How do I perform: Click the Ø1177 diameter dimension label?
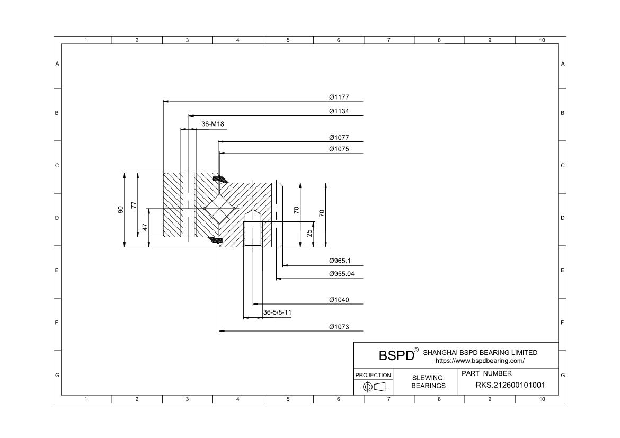[x=339, y=97]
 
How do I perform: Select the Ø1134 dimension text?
[x=339, y=111]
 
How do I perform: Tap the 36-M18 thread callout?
[x=212, y=124]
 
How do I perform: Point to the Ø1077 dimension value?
[x=339, y=138]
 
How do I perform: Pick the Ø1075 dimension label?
[x=339, y=149]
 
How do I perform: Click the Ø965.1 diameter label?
[x=340, y=261]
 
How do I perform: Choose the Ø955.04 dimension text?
[x=342, y=274]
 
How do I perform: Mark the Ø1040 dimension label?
[x=339, y=300]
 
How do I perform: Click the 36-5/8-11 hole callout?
[x=277, y=312]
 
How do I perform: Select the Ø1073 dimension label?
[x=339, y=327]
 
